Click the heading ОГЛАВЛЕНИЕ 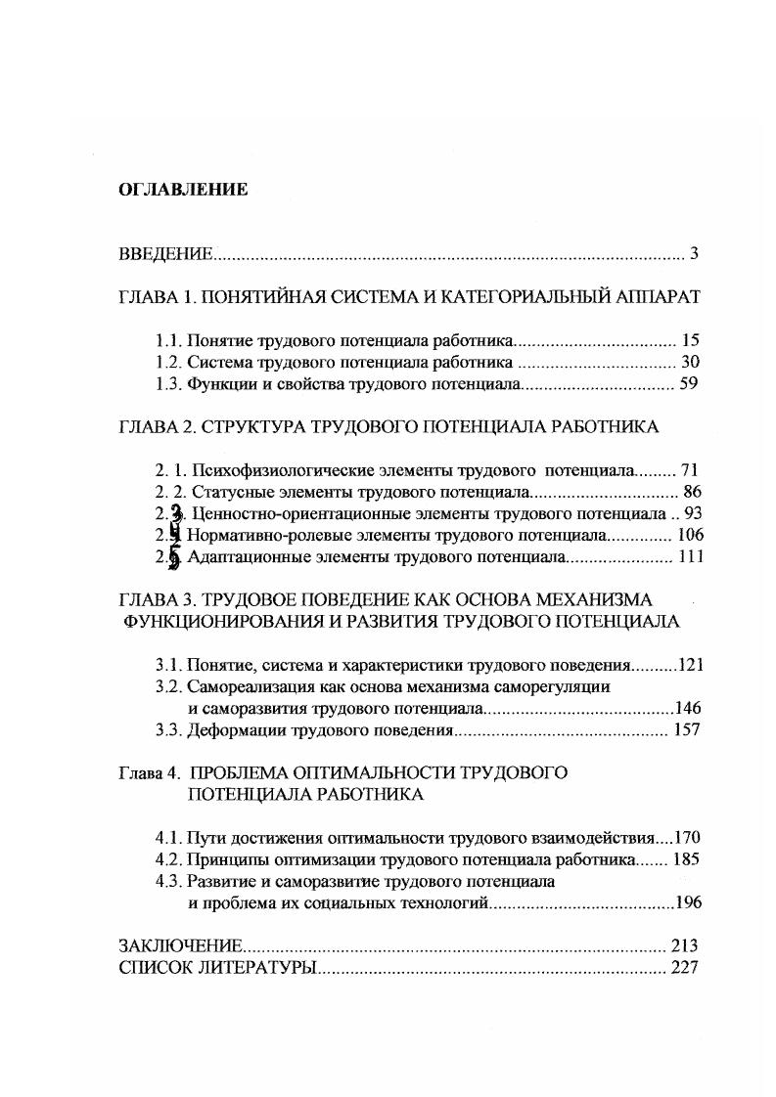(183, 190)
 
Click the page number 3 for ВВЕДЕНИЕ (693, 255)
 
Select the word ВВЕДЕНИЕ (165, 255)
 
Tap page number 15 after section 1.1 (690, 341)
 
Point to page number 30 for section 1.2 (690, 363)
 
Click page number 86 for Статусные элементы (691, 492)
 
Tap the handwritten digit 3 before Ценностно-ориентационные (175, 514)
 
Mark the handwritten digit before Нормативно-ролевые (174, 535)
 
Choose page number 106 (686, 536)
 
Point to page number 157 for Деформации (686, 730)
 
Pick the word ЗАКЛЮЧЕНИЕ (180, 946)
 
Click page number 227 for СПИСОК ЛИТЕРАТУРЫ (685, 968)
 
